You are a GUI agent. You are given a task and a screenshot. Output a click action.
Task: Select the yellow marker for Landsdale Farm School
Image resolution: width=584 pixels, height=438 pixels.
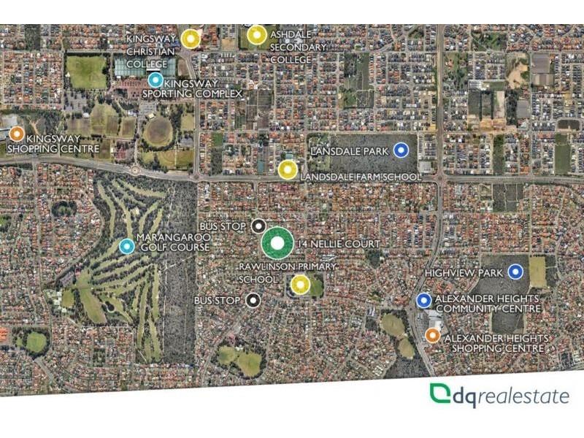pyautogui.click(x=288, y=170)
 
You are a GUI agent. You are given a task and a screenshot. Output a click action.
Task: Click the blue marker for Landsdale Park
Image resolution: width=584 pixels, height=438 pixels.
pyautogui.click(x=400, y=150)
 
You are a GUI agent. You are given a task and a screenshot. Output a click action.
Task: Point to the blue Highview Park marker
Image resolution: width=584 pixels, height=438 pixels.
pyautogui.click(x=516, y=272)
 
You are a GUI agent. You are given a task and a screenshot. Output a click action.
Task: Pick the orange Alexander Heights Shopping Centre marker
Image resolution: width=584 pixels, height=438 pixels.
pyautogui.click(x=433, y=335)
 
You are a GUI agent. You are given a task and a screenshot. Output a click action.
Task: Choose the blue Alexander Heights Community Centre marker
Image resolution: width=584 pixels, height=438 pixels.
pyautogui.click(x=424, y=300)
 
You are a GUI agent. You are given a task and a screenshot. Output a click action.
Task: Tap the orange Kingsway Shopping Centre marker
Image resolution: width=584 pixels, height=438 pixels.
pyautogui.click(x=17, y=134)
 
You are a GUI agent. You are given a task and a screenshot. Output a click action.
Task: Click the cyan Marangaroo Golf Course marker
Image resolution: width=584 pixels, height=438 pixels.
pyautogui.click(x=127, y=247)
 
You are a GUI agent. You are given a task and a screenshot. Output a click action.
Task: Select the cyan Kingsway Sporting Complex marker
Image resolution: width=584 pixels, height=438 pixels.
pyautogui.click(x=155, y=80)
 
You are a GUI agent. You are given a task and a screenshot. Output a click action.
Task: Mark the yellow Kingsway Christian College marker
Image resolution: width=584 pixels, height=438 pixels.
pyautogui.click(x=191, y=38)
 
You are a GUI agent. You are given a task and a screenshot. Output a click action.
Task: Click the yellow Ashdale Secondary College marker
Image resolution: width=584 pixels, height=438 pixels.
pyautogui.click(x=256, y=35)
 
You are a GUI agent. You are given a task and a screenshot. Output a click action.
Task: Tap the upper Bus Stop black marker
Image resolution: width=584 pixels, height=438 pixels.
pyautogui.click(x=258, y=226)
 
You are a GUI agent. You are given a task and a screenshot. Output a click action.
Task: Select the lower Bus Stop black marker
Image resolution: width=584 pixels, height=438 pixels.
pyautogui.click(x=253, y=299)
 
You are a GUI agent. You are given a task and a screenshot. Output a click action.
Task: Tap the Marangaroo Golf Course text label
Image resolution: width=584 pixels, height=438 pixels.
pyautogui.click(x=178, y=243)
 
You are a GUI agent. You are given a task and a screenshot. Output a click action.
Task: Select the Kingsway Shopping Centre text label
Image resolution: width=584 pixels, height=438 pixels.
pyautogui.click(x=53, y=145)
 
